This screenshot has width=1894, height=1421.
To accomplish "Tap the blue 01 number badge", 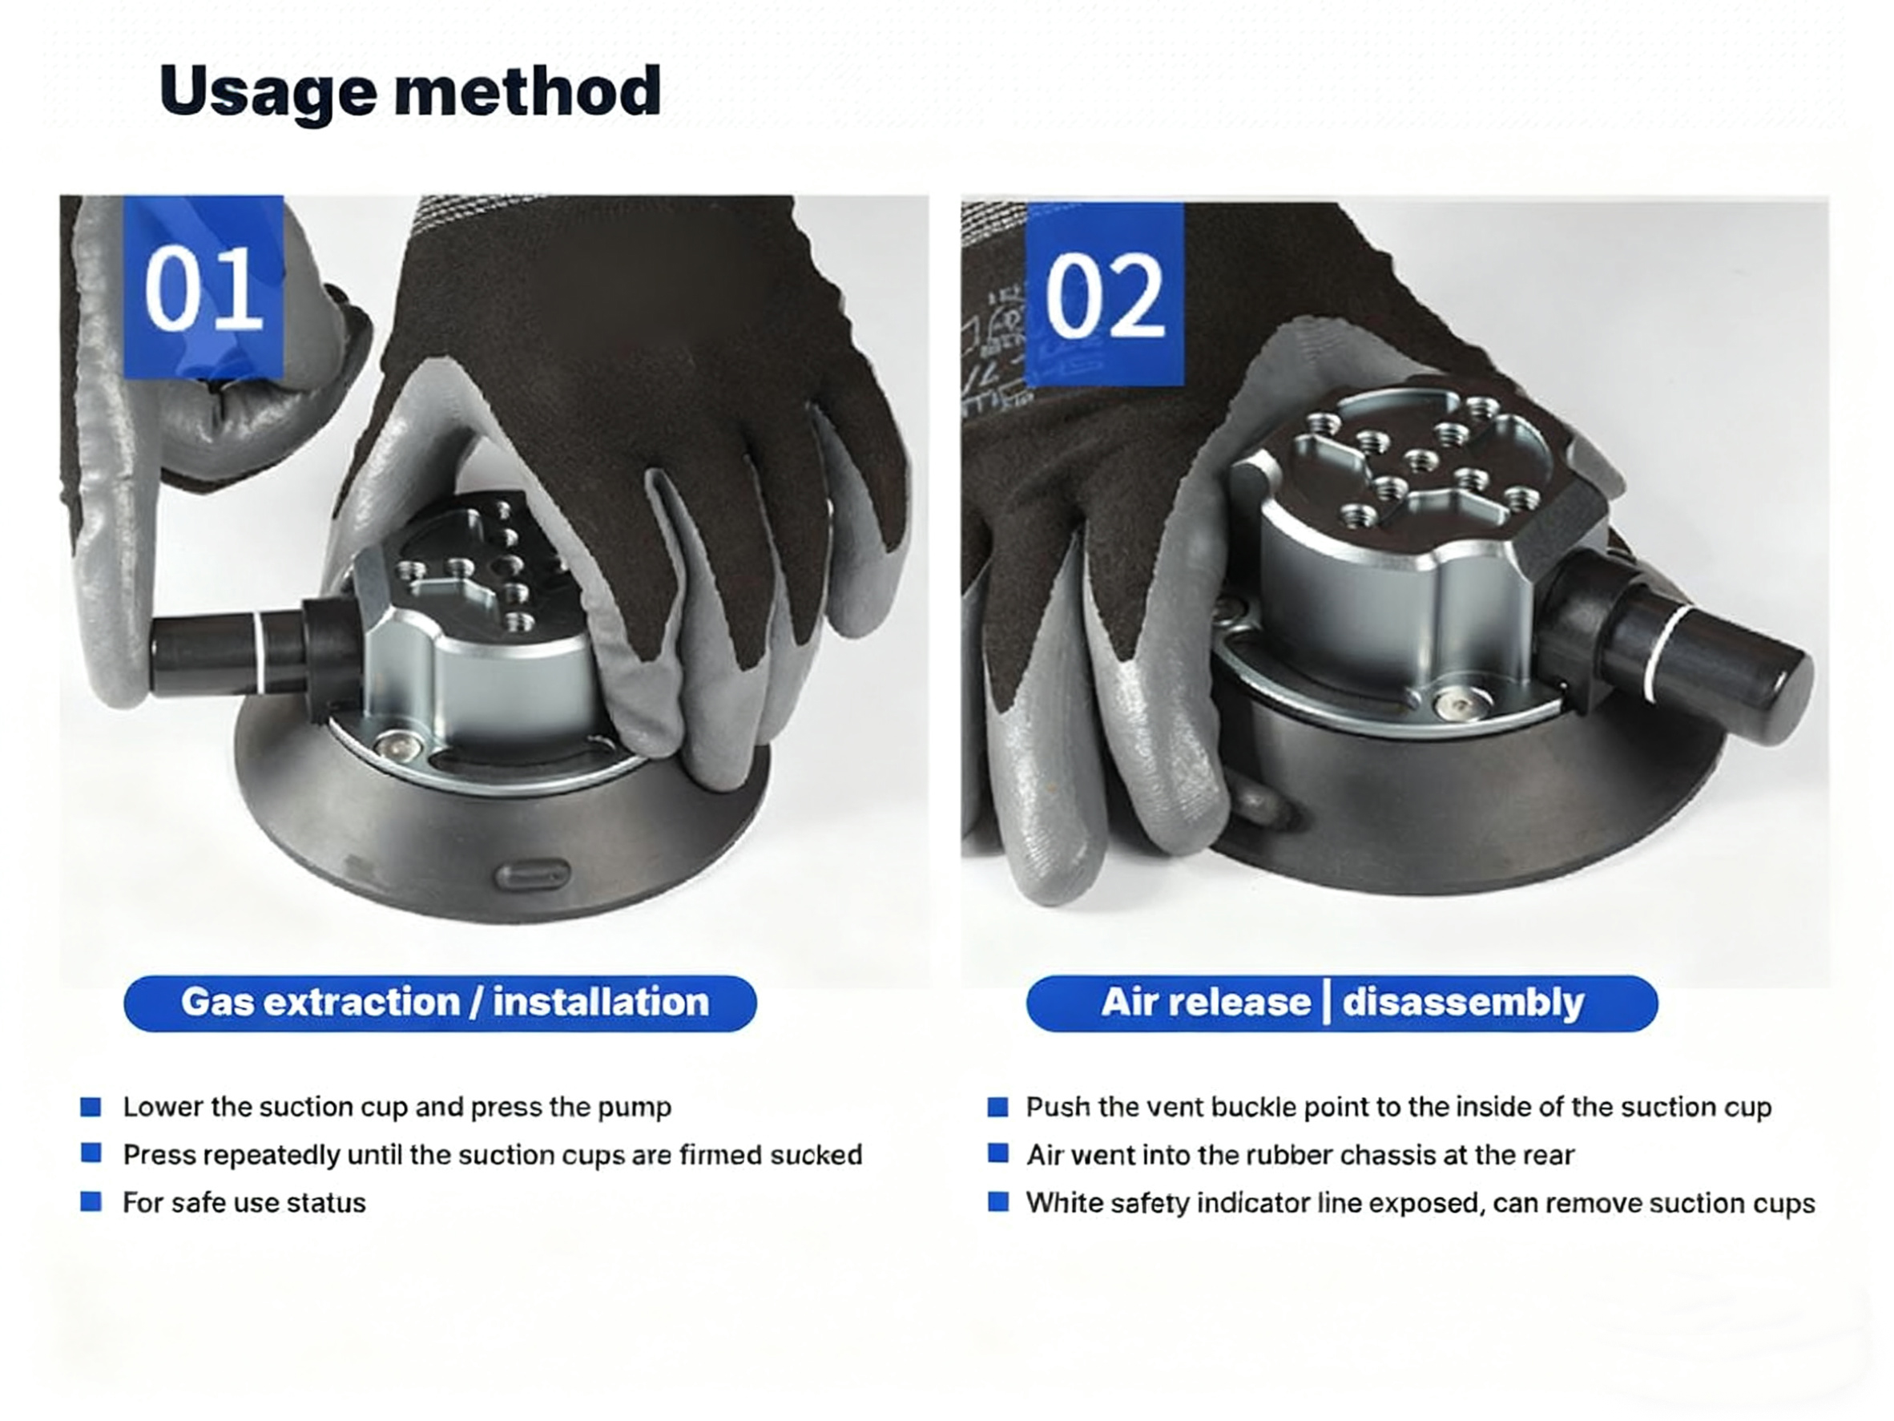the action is point(204,287).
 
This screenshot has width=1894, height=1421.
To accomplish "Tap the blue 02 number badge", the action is point(1105,295).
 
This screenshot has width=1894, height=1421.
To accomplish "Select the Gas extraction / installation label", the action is point(440,1003).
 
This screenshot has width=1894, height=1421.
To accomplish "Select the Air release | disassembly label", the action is point(1342,1003).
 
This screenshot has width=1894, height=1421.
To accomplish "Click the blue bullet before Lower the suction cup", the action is point(91,1107).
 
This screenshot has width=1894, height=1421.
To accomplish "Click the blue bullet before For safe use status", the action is point(91,1202).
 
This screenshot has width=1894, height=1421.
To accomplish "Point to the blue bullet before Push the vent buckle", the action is point(997,1107).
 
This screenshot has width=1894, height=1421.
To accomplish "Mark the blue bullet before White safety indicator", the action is point(997,1202).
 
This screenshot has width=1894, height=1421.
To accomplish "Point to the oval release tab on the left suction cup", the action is point(533,874).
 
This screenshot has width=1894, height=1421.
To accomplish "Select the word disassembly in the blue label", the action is point(1463,1003).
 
